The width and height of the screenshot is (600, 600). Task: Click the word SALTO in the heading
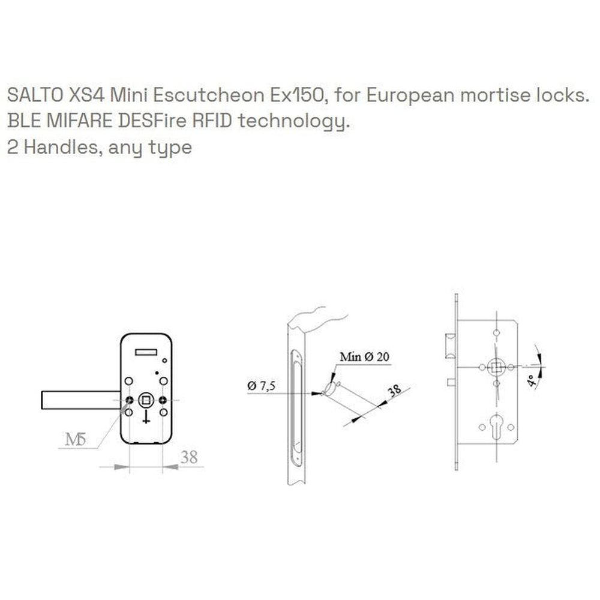click(x=35, y=95)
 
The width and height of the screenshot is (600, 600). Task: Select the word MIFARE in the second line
click(x=79, y=121)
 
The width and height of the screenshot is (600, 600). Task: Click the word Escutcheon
click(x=209, y=95)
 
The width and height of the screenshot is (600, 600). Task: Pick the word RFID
click(x=212, y=121)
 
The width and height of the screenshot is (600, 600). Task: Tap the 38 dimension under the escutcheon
click(x=189, y=457)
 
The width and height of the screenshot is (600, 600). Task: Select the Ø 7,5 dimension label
click(x=262, y=385)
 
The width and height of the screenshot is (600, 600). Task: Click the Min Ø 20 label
click(x=364, y=357)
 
